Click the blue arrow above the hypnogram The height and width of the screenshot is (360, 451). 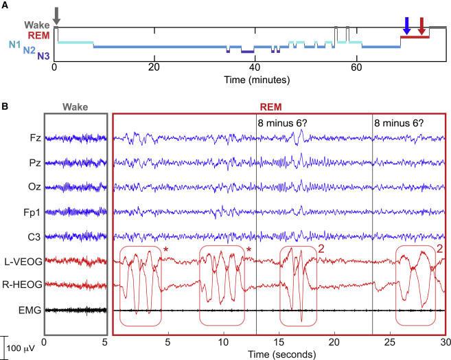[x=407, y=25]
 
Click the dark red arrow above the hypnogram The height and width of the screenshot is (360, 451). [x=421, y=25]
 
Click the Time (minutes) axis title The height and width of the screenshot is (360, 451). [x=256, y=80]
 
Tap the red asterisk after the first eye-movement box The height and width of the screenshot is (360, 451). [x=166, y=249]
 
